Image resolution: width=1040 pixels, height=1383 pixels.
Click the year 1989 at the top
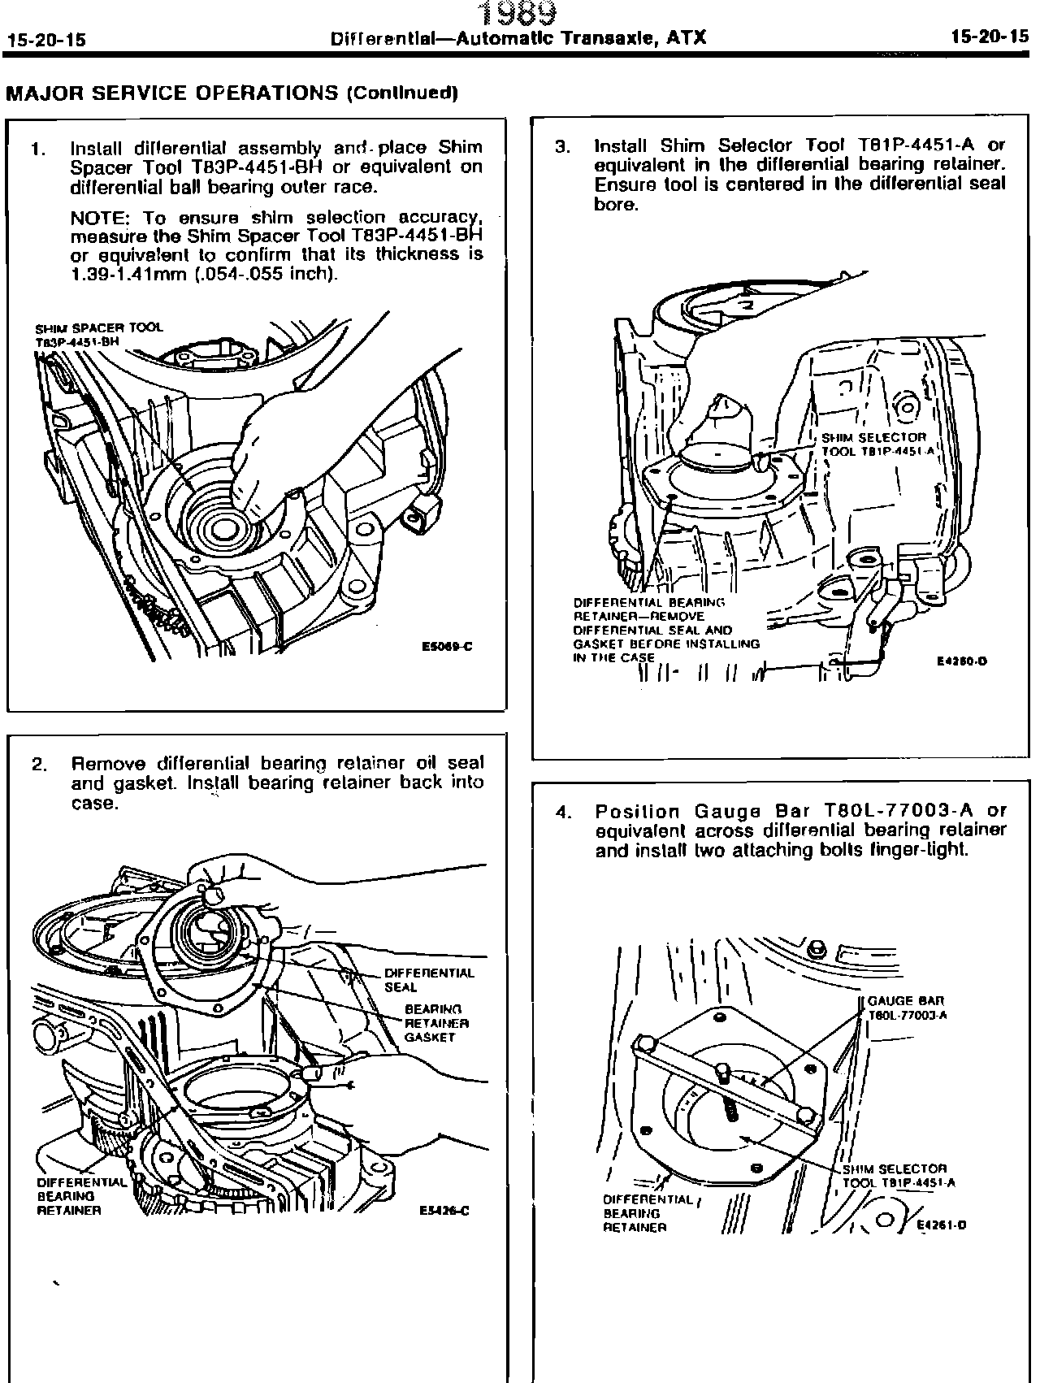pyautogui.click(x=518, y=12)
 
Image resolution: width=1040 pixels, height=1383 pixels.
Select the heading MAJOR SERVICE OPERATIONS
pyautogui.click(x=172, y=93)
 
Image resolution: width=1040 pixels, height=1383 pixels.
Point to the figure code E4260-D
pyautogui.click(x=962, y=661)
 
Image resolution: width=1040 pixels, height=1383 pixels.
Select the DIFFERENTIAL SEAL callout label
pyautogui.click(x=428, y=980)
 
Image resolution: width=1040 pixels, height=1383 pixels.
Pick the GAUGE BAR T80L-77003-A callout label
pyautogui.click(x=907, y=1008)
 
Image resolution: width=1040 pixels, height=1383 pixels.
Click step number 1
pyautogui.click(x=37, y=149)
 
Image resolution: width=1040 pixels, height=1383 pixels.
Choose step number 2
pyautogui.click(x=38, y=765)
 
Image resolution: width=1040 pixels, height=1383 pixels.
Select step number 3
pyautogui.click(x=562, y=147)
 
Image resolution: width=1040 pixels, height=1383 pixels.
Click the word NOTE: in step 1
pyautogui.click(x=102, y=218)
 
